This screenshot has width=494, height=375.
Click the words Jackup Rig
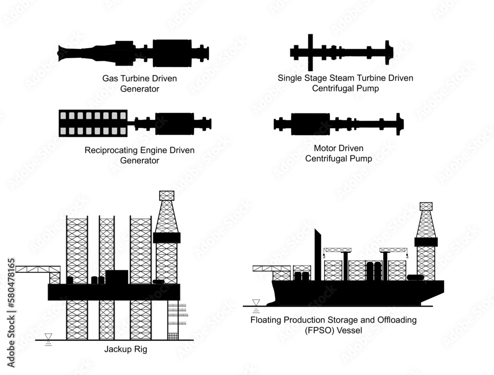coord(125,350)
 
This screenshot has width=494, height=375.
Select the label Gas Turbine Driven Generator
coord(139,83)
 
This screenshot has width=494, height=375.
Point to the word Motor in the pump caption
coord(325,148)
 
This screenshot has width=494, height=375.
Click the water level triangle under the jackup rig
coord(48,337)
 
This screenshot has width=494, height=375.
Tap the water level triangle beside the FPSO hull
coord(256,302)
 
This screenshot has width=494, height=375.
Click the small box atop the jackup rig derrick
coord(166,195)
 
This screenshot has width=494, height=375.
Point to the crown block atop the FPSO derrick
coord(425,206)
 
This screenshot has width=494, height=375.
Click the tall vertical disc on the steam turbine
coord(310,52)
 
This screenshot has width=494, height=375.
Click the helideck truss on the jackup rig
coord(38,269)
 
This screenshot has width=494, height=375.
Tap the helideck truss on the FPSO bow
coord(271,269)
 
